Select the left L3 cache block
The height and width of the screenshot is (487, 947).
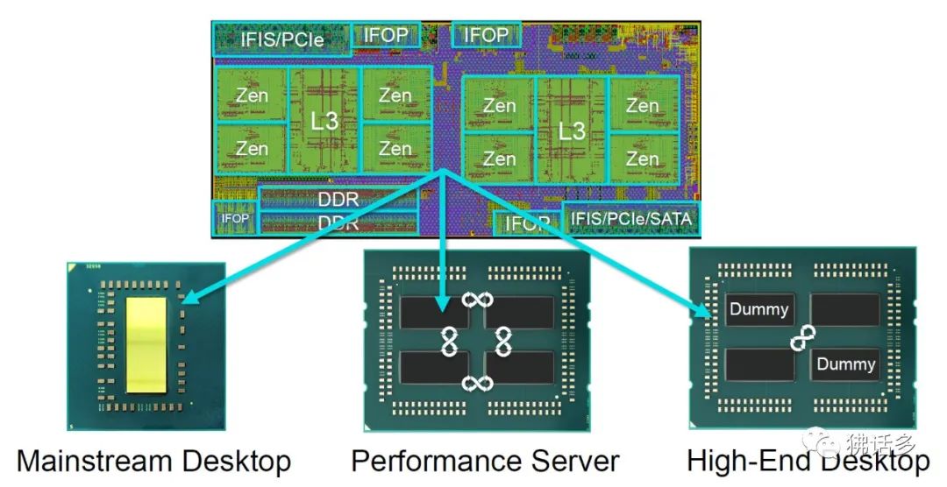[324, 121]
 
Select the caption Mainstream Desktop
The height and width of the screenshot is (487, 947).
[153, 461]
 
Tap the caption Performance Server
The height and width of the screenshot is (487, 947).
[485, 461]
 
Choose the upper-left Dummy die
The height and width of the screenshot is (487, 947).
[759, 309]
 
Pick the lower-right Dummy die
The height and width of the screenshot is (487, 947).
[845, 363]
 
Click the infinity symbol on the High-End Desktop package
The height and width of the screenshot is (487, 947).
[803, 337]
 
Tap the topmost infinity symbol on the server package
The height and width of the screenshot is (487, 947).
[477, 300]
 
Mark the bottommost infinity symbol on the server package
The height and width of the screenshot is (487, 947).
[477, 383]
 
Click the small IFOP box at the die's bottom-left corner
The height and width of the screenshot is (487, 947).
[234, 217]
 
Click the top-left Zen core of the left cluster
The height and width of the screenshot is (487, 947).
[252, 95]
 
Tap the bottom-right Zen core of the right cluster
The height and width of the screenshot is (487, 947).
[643, 159]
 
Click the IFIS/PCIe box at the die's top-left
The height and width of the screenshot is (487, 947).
[282, 39]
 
